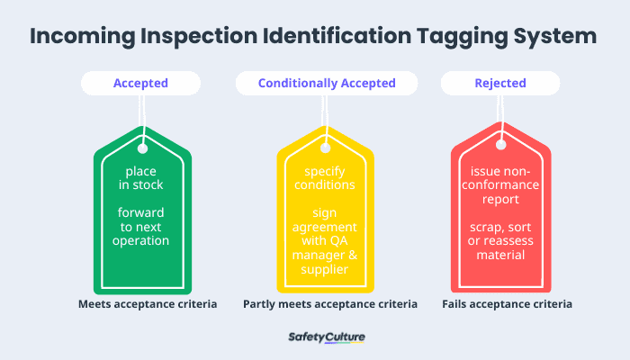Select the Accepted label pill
140,84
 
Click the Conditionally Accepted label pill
327,84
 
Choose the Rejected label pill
499,84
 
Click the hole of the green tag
142,144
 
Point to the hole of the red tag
500,144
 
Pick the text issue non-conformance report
501,185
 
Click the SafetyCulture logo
326,337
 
